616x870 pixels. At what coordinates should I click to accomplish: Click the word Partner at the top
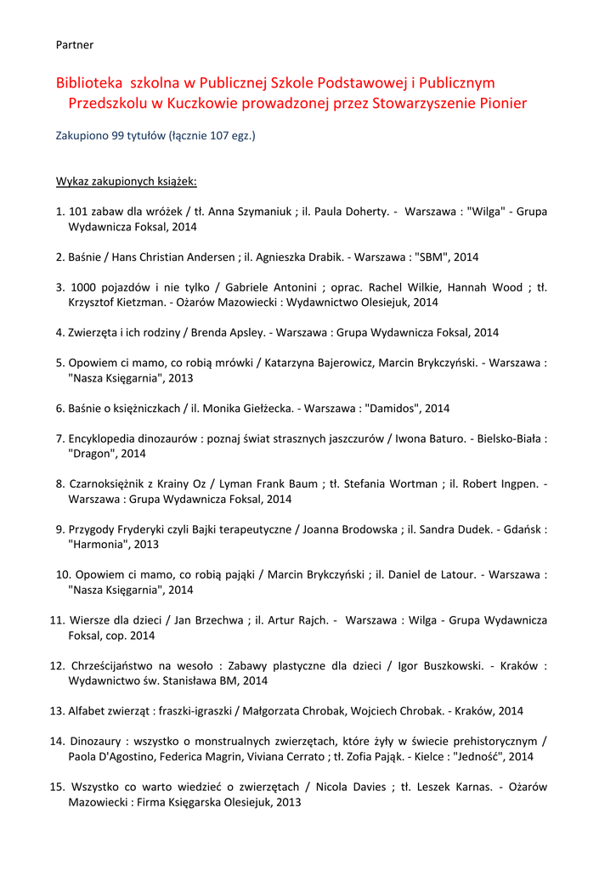(x=75, y=44)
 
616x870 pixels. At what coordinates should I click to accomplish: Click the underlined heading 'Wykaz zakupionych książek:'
(x=127, y=182)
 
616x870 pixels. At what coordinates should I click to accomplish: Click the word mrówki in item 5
(x=232, y=363)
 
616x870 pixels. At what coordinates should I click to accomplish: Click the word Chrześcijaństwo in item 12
(x=120, y=666)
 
